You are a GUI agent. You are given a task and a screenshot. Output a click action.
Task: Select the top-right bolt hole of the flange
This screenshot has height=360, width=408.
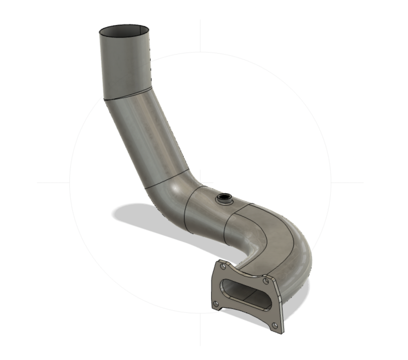pyautogui.click(x=266, y=281)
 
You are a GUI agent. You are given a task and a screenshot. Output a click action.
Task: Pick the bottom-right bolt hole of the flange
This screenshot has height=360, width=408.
pyautogui.click(x=275, y=325)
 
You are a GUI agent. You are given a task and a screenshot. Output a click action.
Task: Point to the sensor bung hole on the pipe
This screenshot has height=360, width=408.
pyautogui.click(x=224, y=198)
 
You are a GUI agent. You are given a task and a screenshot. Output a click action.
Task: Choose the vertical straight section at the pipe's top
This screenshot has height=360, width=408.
pyautogui.click(x=124, y=65)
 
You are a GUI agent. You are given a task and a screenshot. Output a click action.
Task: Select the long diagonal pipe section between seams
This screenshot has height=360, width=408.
pyautogui.click(x=147, y=139)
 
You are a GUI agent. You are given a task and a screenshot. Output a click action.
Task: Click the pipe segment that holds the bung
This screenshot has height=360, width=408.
pyautogui.click(x=208, y=216)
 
